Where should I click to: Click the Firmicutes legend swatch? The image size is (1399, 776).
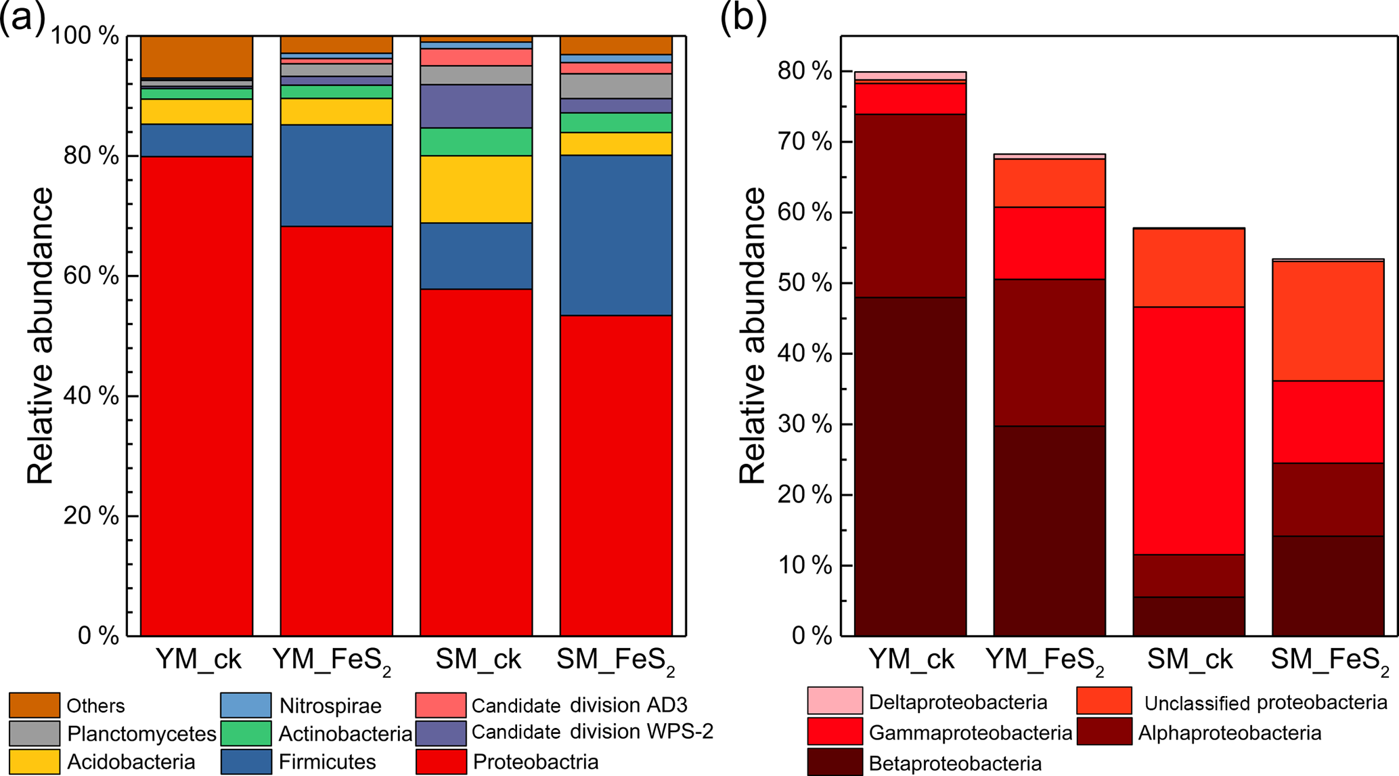[x=246, y=761]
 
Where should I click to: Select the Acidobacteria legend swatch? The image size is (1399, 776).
[x=35, y=761]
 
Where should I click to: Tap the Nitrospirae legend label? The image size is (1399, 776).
[x=330, y=706]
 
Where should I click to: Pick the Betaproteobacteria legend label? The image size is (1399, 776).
[x=955, y=764]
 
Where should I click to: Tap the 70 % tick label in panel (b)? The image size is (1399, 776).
[x=805, y=142]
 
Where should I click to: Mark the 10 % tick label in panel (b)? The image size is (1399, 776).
[x=805, y=565]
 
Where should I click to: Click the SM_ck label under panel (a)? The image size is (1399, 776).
[x=479, y=659]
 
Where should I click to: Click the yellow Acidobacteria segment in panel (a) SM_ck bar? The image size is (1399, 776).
[x=476, y=189]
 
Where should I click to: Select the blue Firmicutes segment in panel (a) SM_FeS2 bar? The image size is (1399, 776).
[x=616, y=235]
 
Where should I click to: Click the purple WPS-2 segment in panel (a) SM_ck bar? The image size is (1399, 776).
[x=476, y=106]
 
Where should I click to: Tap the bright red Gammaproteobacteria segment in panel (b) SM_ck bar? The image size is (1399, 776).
[x=1189, y=430]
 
